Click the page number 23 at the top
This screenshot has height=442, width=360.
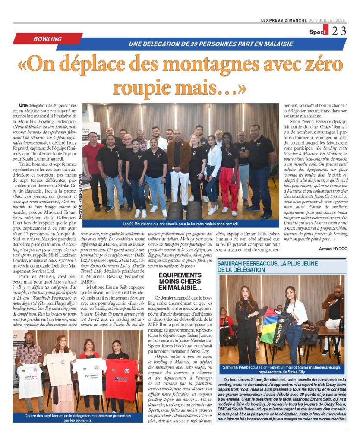click(x=338, y=31)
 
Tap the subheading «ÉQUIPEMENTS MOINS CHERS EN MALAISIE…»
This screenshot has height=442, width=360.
click(x=180, y=281)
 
